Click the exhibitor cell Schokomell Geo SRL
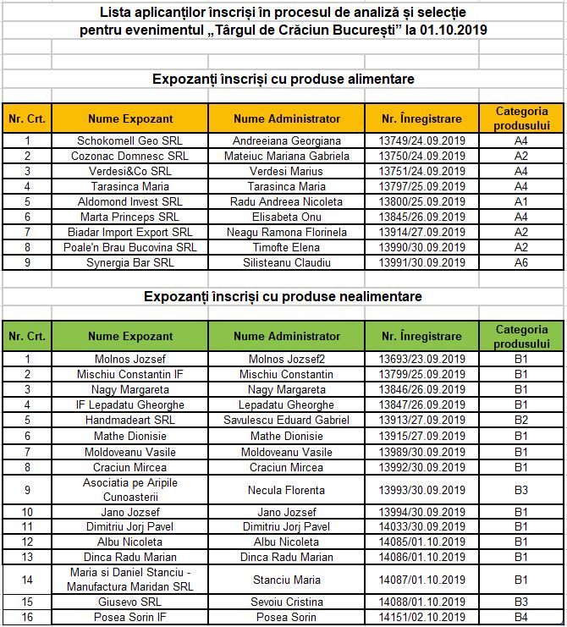[x=130, y=140]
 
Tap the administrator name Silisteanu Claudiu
[x=286, y=262]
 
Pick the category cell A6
[x=521, y=262]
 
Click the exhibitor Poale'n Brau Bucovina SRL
[x=130, y=247]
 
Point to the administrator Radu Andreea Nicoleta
[x=286, y=201]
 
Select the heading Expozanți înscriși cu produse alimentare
[x=283, y=79]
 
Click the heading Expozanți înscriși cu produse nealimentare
[x=283, y=297]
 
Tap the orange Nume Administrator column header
[x=286, y=118]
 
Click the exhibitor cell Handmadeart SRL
[x=130, y=420]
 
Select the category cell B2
[x=521, y=420]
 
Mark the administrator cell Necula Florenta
[x=286, y=490]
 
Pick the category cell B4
[x=521, y=617]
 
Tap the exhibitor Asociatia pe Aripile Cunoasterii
[x=130, y=490]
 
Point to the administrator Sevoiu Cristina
[x=286, y=602]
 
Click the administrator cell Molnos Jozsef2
[x=286, y=359]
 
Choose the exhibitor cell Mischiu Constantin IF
[x=130, y=374]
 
